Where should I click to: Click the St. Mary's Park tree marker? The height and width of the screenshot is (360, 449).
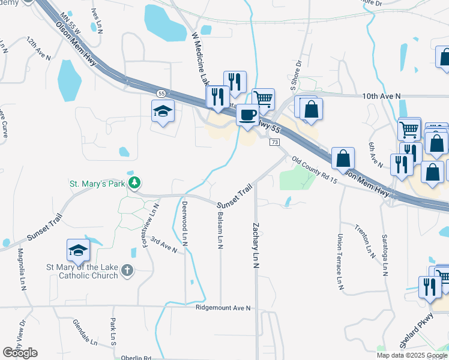point(136,182)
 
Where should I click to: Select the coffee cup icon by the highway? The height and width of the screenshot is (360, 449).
point(247,114)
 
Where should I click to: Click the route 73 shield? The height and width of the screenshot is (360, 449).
point(274,142)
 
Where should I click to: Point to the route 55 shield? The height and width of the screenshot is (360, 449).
point(161,94)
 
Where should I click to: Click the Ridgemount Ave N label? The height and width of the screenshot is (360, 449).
point(223,308)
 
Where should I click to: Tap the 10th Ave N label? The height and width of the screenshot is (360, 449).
point(381,96)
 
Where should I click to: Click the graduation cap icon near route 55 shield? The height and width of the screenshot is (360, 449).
point(162,111)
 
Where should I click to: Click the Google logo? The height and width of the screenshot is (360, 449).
point(20,353)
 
